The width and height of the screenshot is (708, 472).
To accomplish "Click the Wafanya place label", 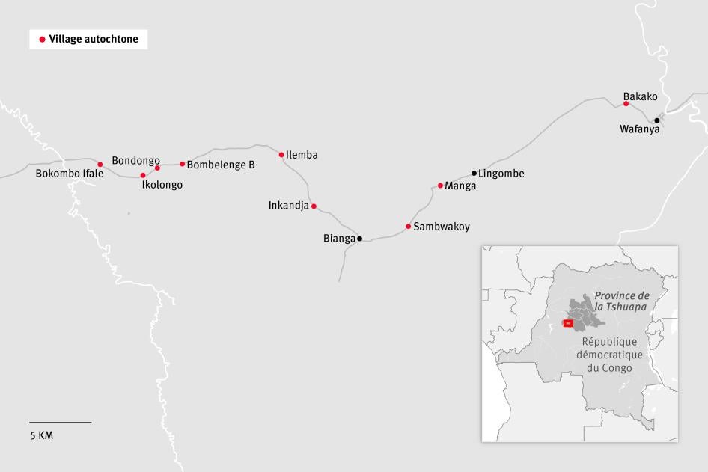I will coord(640,129).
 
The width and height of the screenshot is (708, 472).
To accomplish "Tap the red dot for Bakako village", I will coord(626,103).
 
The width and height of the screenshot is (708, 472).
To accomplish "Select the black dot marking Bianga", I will coord(360,239).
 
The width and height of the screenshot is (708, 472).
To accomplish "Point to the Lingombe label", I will coord(501,174).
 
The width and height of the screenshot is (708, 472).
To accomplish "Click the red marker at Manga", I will coord(441,186).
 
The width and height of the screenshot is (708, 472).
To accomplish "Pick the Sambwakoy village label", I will coord(442,226).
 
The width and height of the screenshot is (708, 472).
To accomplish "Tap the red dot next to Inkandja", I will coord(314,206).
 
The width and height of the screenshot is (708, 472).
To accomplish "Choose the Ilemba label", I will coord(302,155).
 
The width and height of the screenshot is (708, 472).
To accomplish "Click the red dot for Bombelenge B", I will coord(182,164).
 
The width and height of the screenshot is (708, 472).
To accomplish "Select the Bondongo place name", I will coord(135,160).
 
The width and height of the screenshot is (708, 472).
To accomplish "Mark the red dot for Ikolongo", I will coord(143,175).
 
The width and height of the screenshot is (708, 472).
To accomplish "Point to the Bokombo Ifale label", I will coord(70,174).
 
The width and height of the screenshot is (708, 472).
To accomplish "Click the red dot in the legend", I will coord(42,39).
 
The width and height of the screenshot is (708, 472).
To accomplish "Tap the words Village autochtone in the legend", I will coord(94,39).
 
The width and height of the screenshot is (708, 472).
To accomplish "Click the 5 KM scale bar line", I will coord(61,423).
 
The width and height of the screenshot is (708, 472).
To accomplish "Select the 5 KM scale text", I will coord(42,435).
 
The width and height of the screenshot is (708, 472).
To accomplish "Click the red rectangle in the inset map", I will coord(567,323).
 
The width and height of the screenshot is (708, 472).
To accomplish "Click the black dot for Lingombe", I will coord(474,173).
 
